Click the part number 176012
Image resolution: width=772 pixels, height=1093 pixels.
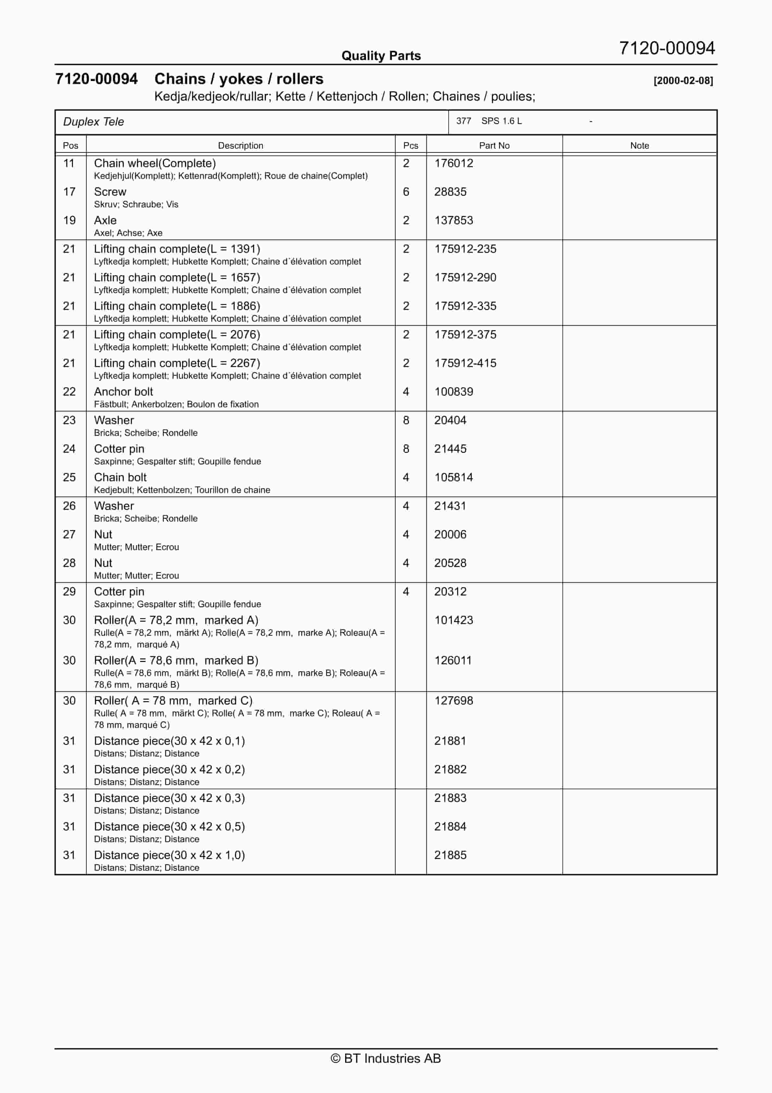pos(453,163)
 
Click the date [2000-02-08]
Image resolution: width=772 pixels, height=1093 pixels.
pos(683,80)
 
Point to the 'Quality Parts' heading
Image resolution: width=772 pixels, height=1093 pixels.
pos(381,56)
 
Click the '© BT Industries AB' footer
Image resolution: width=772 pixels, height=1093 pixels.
pos(386,1058)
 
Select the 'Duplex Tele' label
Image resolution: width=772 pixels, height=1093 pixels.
pos(93,122)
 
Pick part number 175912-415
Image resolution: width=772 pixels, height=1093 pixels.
pos(465,363)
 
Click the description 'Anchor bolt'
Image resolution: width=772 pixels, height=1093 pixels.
pos(123,392)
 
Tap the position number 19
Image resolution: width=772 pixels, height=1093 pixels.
pos(69,220)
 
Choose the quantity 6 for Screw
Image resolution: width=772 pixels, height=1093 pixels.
pos(406,192)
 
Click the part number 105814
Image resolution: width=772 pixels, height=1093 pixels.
pos(453,477)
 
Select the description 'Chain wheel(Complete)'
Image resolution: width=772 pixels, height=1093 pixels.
pos(155,163)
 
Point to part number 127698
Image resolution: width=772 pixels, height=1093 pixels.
pos(453,701)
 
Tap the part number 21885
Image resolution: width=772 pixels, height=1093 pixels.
pos(450,855)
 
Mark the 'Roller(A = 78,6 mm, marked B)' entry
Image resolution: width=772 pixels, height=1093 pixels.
pos(176,661)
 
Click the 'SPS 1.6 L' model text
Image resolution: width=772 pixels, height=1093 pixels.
pos(501,121)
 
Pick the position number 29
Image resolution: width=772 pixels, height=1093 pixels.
pos(69,592)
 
